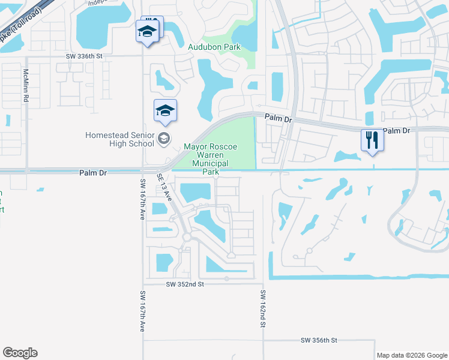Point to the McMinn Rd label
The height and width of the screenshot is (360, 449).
coord(26,85)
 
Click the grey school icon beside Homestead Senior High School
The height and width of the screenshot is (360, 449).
coord(163,139)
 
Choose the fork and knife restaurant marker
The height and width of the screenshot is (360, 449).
coord(372,140)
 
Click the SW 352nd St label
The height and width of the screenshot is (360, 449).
coord(185,283)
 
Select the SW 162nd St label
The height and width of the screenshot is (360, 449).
coord(262,308)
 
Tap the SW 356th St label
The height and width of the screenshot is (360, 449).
coord(319,340)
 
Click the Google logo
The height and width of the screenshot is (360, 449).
coord(20,353)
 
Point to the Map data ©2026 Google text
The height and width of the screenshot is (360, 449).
coord(411,355)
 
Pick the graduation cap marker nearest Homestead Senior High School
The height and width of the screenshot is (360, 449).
coord(165,111)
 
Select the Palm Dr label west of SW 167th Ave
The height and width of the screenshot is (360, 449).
coord(92,173)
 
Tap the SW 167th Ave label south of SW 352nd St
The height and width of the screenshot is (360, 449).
coord(143,311)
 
